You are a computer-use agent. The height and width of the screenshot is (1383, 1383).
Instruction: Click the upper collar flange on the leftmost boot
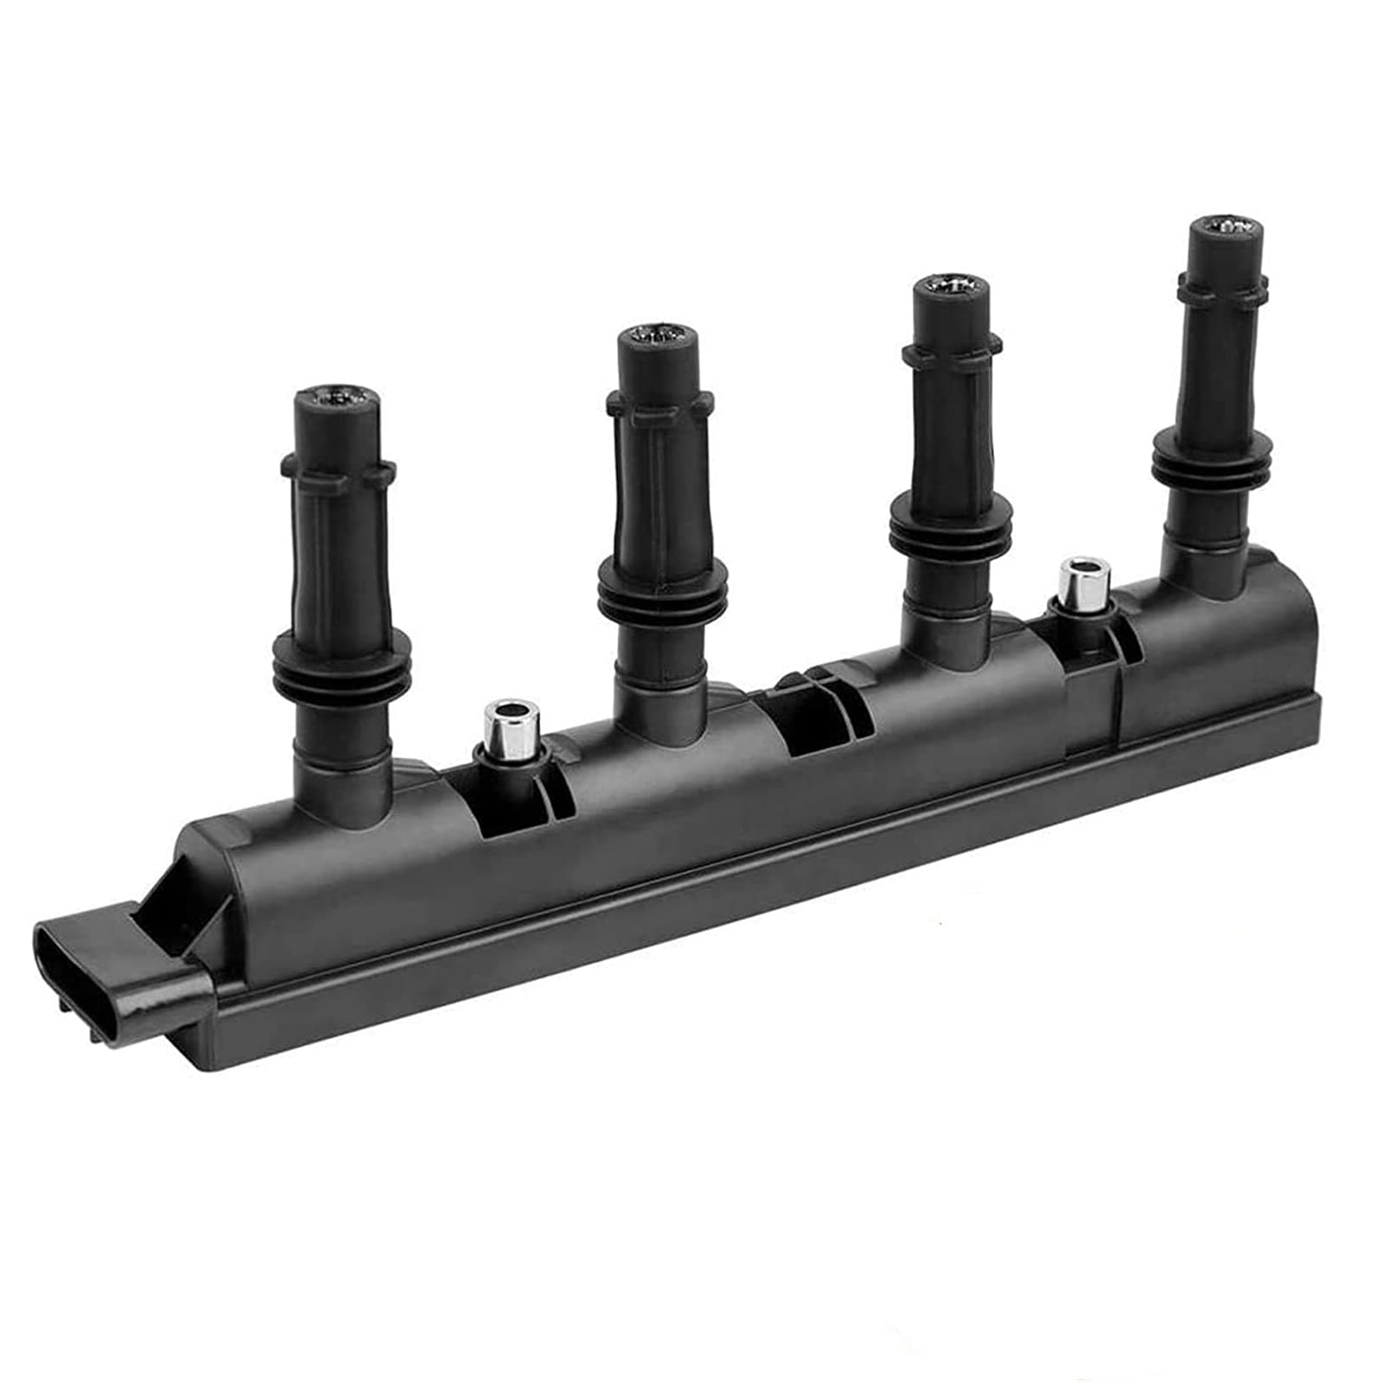coord(338,473)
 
